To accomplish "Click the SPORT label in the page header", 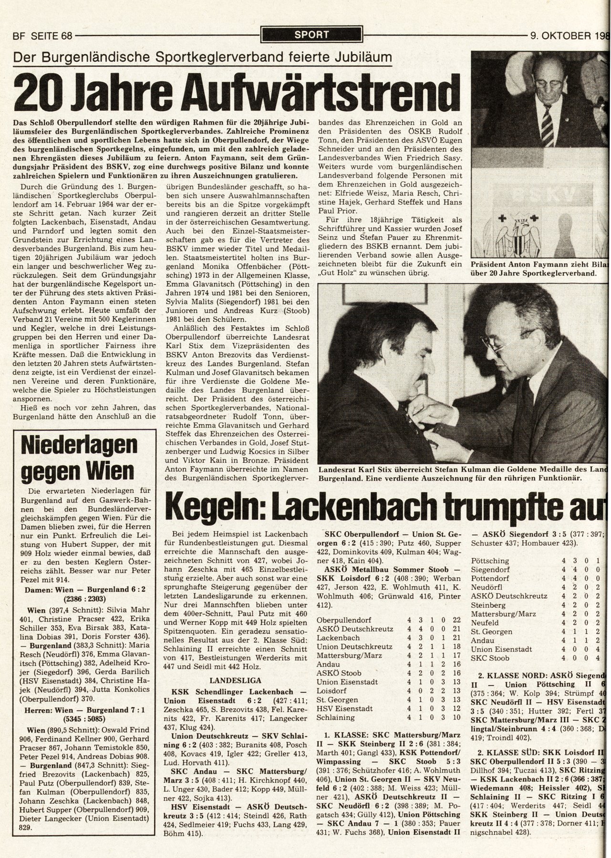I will point(311,34).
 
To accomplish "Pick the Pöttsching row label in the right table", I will point(490,561).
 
